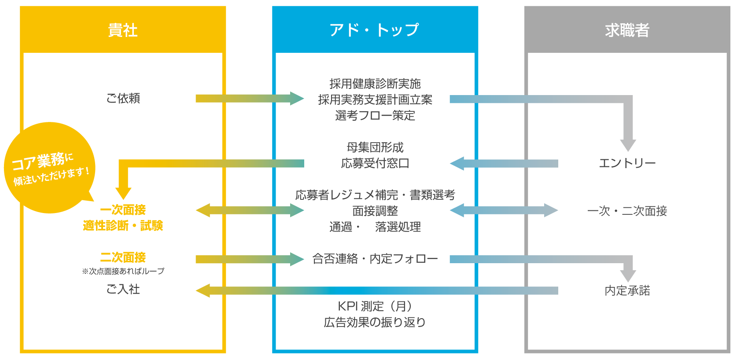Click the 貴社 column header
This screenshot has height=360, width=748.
click(x=123, y=30)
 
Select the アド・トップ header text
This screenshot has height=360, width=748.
click(x=375, y=30)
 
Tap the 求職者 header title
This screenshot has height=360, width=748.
click(x=627, y=30)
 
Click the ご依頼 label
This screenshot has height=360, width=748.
click(x=123, y=98)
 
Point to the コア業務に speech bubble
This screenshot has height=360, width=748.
click(x=49, y=167)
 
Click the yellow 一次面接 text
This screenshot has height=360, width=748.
click(x=123, y=210)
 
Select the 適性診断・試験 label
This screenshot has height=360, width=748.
click(x=123, y=226)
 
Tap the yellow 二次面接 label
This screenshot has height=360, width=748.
click(x=123, y=257)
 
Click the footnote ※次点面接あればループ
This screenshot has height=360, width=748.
click(x=123, y=271)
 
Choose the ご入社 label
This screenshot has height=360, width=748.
click(x=123, y=289)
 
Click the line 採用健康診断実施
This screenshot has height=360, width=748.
click(x=375, y=84)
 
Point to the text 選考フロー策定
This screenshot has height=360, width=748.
click(x=375, y=115)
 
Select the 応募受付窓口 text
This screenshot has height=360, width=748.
click(x=375, y=163)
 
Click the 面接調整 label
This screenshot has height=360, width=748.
click(x=375, y=211)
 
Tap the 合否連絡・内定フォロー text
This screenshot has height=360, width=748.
click(x=375, y=259)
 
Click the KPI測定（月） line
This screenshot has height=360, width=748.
click(x=375, y=306)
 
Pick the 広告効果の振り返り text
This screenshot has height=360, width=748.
click(x=375, y=322)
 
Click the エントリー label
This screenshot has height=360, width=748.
click(x=627, y=163)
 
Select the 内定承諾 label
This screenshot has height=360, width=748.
click(x=627, y=290)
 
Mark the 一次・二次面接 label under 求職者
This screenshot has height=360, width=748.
click(x=627, y=211)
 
